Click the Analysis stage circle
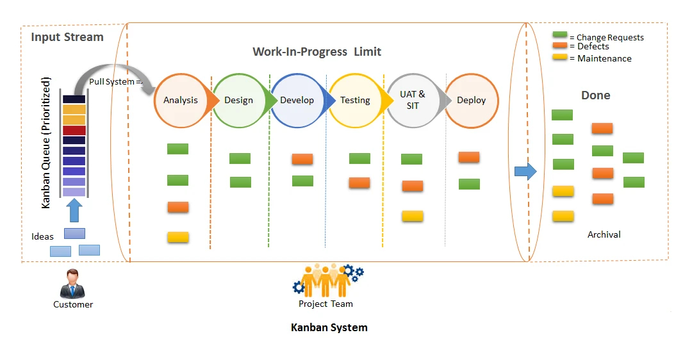pos(180,101)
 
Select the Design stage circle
pos(238,101)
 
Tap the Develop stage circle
pos(297,101)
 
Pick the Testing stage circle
pos(355,101)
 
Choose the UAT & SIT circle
pos(413,101)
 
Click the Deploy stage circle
pos(471,101)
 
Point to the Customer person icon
pos(72,284)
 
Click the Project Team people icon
pos(327,281)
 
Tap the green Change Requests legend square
pos(560,35)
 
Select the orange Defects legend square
pos(560,45)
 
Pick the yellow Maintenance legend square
pos(560,57)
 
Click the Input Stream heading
pos(67,37)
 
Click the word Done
pos(595,95)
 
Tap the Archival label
pos(604,234)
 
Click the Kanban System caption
pos(329,328)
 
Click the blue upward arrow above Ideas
pos(74,210)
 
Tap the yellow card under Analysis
pos(177,237)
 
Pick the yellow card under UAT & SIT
pos(413,216)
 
